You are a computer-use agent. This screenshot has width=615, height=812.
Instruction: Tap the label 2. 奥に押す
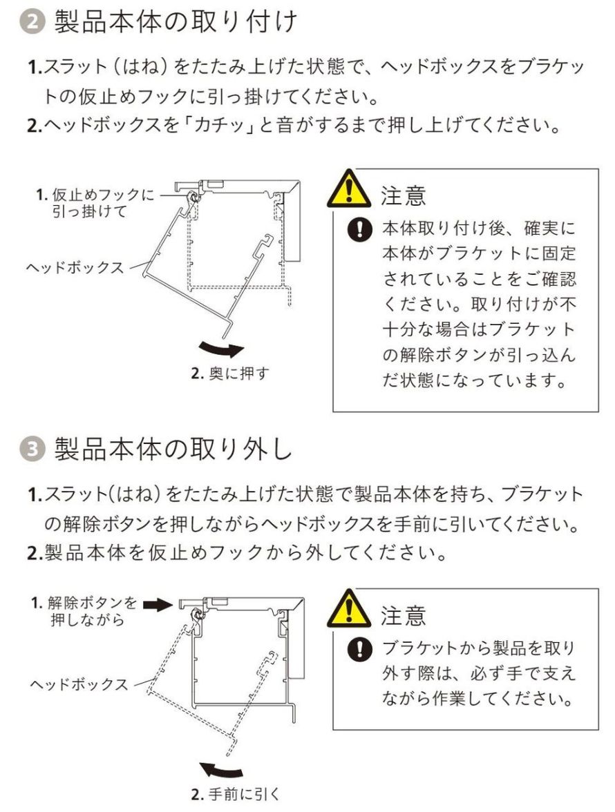click(x=230, y=374)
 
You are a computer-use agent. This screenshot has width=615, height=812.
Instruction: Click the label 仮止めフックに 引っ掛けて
click(x=95, y=204)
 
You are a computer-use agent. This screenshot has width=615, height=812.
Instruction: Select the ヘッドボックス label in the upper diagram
click(x=75, y=267)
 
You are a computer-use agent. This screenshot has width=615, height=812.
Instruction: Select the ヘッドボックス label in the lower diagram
click(x=79, y=684)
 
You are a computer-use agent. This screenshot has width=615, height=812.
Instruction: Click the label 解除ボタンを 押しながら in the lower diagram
click(x=86, y=611)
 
